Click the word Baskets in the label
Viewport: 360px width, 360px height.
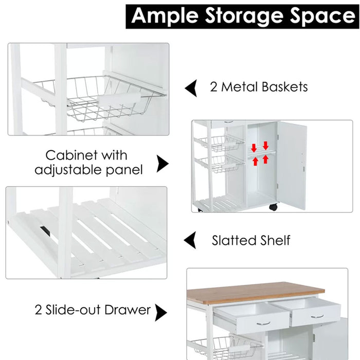(283, 87)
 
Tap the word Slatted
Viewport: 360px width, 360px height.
(235, 240)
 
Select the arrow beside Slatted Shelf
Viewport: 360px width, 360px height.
(190, 240)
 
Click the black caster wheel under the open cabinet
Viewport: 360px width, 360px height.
(273, 207)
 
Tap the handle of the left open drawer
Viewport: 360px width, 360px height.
(263, 323)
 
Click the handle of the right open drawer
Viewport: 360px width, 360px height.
(317, 316)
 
